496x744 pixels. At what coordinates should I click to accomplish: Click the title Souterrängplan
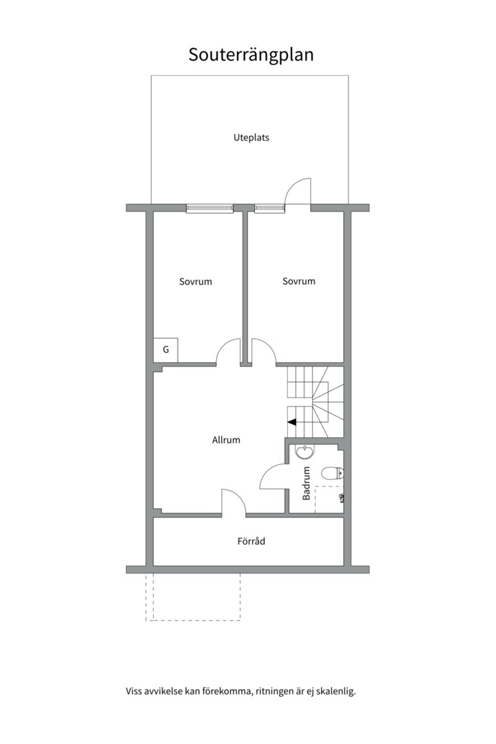[x=251, y=55]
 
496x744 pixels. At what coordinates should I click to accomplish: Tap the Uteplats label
[x=251, y=138]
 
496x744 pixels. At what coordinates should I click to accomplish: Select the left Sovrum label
[x=196, y=281]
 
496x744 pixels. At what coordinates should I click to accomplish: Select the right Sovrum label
[x=298, y=281]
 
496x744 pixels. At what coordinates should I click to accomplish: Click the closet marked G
[x=165, y=350]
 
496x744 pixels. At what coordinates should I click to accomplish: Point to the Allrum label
[x=226, y=440]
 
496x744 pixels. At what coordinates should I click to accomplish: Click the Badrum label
[x=306, y=483]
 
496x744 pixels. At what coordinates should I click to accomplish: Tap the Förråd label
[x=251, y=541]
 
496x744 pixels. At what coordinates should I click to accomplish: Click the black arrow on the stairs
[x=292, y=422]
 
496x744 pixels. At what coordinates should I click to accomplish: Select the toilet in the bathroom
[x=332, y=473]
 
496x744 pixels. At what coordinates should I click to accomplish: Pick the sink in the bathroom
[x=304, y=451]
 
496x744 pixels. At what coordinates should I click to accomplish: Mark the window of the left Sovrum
[x=209, y=208]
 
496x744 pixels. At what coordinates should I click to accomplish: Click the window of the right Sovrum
[x=269, y=208]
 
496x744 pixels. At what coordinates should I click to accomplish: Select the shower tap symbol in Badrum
[x=342, y=498]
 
